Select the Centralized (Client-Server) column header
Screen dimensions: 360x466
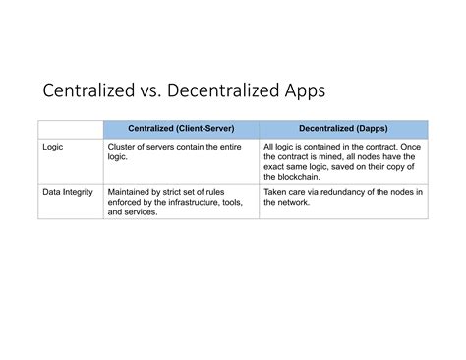click(182, 129)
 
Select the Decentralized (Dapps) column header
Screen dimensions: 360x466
click(344, 129)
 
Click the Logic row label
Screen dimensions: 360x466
click(53, 146)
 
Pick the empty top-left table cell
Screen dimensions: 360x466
click(70, 129)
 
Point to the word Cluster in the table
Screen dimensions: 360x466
click(122, 146)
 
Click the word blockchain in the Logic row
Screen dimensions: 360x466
click(290, 175)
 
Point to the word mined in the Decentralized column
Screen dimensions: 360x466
click(333, 155)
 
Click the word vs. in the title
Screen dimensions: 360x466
click(152, 92)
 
